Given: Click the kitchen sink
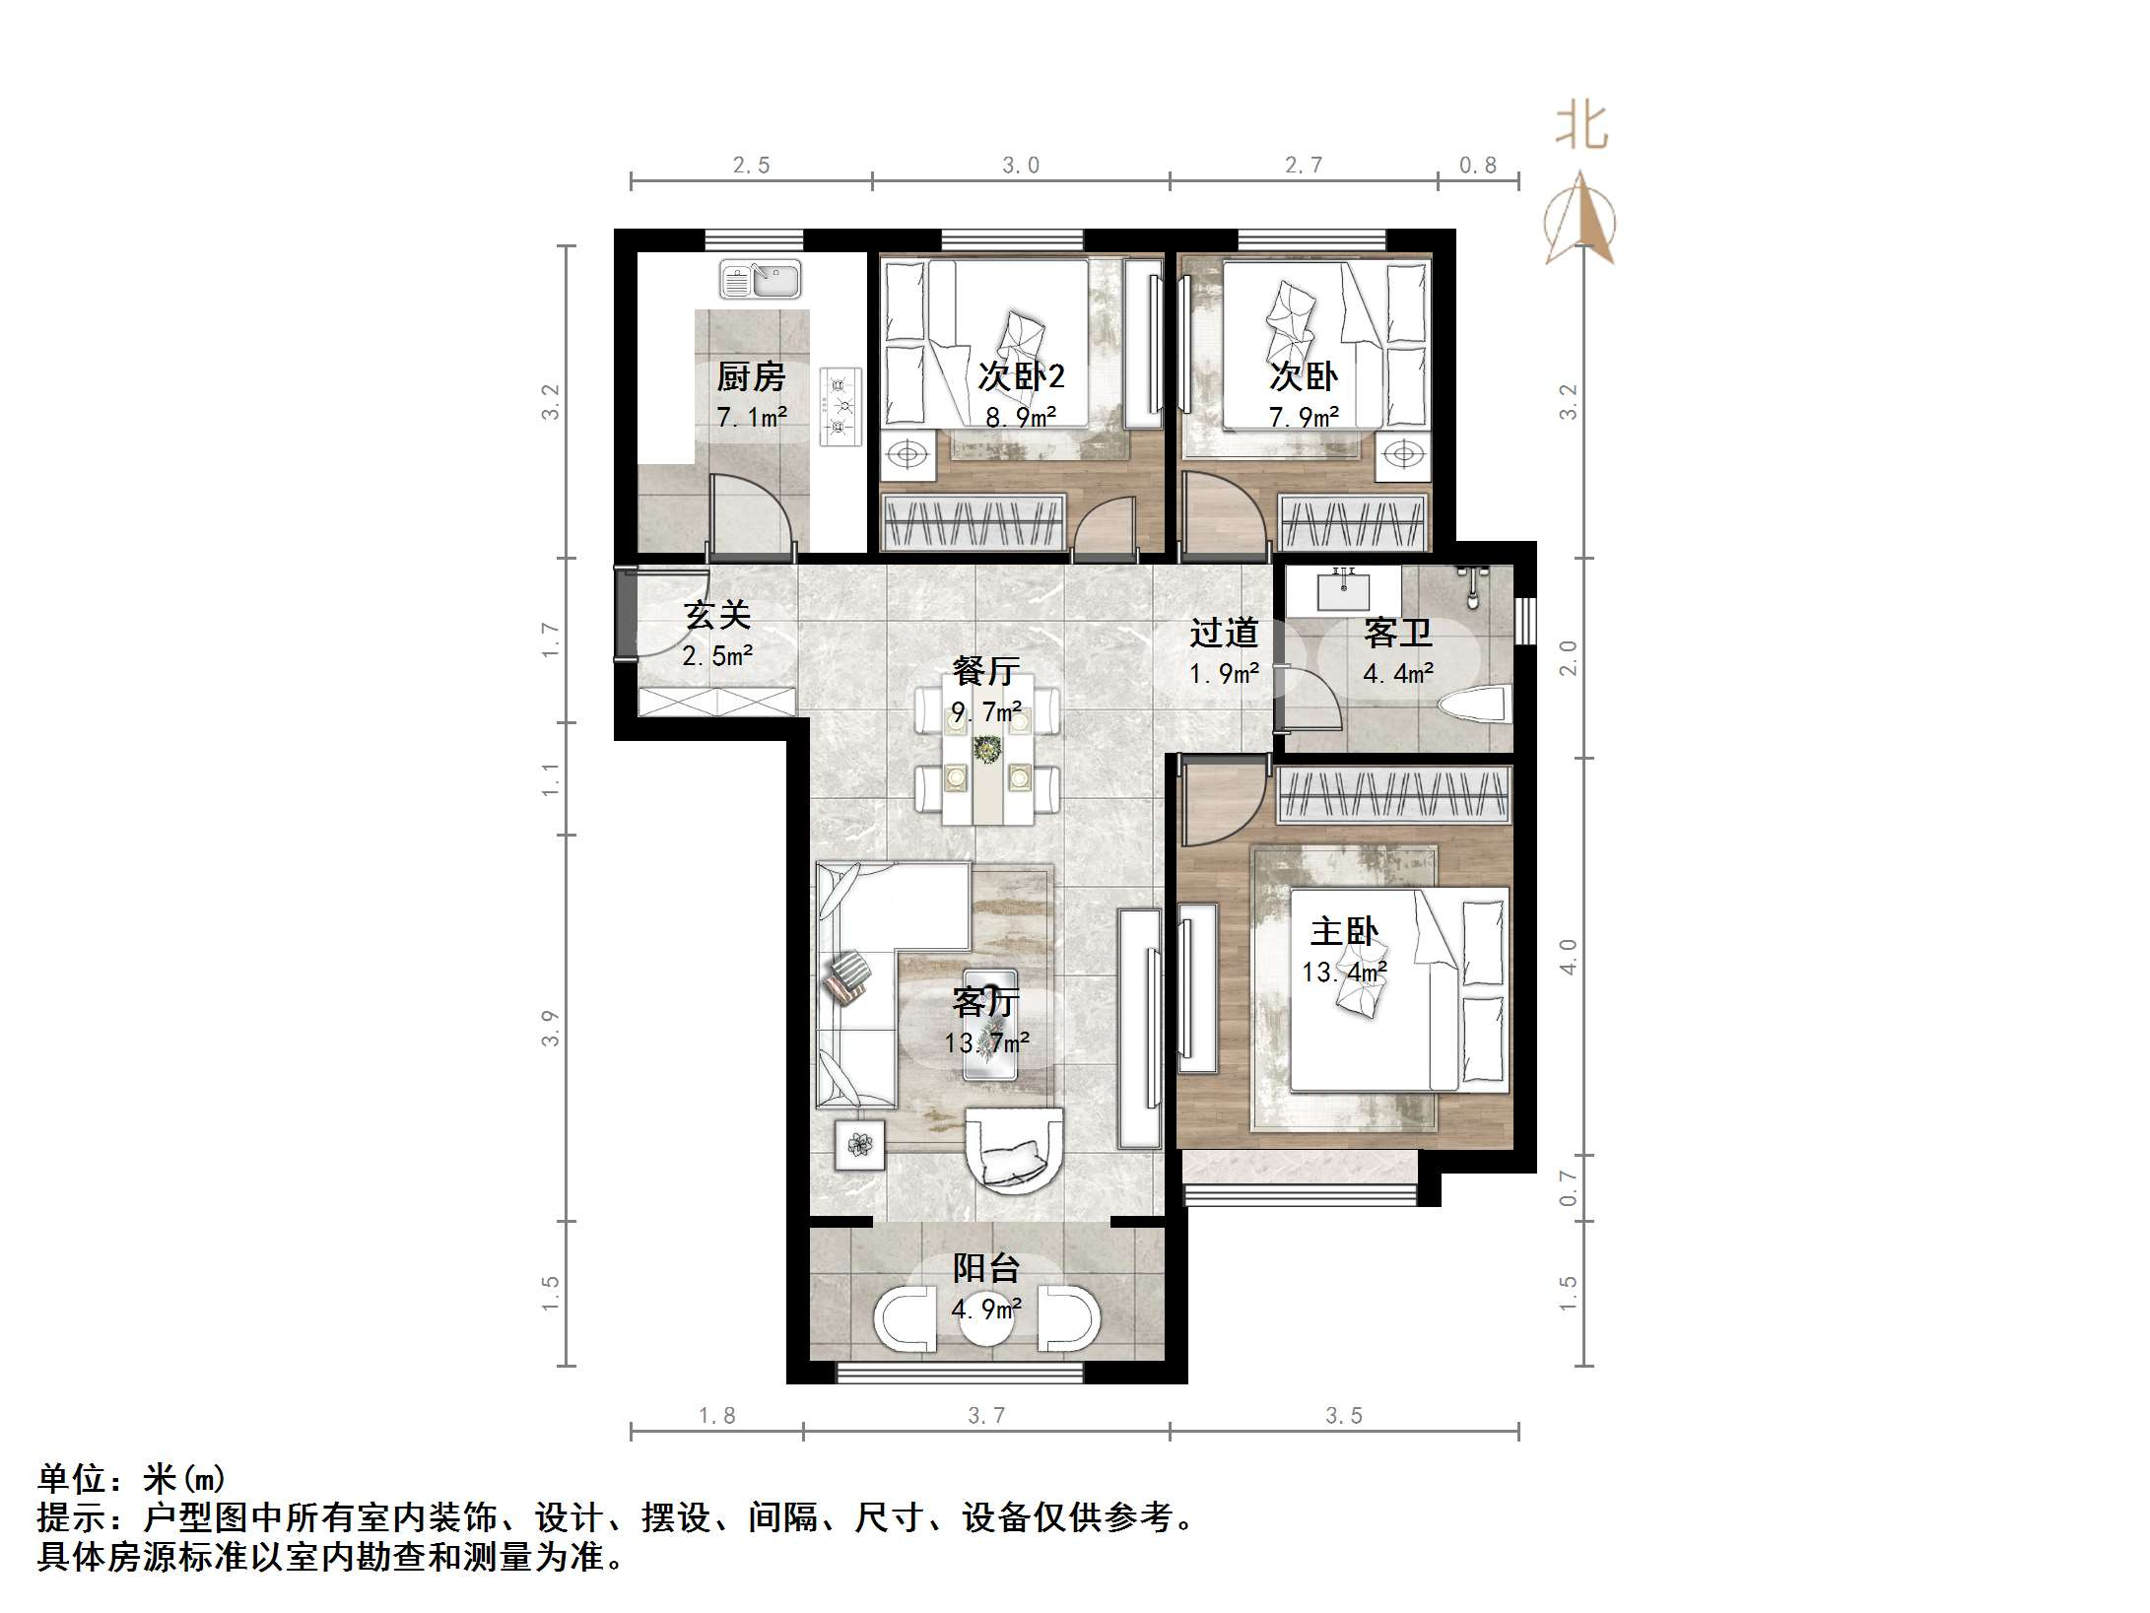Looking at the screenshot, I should coord(760,279).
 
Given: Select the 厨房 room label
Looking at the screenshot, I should coord(751,376).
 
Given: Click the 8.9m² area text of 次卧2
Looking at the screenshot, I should coord(1021,417).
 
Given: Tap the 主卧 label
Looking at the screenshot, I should coord(1344,931).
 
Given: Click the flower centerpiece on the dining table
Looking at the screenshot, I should coord(985,749).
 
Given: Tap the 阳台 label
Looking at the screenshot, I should coord(985,1268).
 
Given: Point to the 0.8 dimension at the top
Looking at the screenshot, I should coord(1477,166).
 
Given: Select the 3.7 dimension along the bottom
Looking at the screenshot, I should coord(986,1416).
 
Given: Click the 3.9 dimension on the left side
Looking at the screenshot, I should coord(550,1028).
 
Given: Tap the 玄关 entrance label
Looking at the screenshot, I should coord(717,615).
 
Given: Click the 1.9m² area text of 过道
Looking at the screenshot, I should coord(1224,674).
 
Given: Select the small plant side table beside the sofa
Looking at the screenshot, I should coord(860,1145).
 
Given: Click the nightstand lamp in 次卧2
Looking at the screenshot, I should coord(907,455).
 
